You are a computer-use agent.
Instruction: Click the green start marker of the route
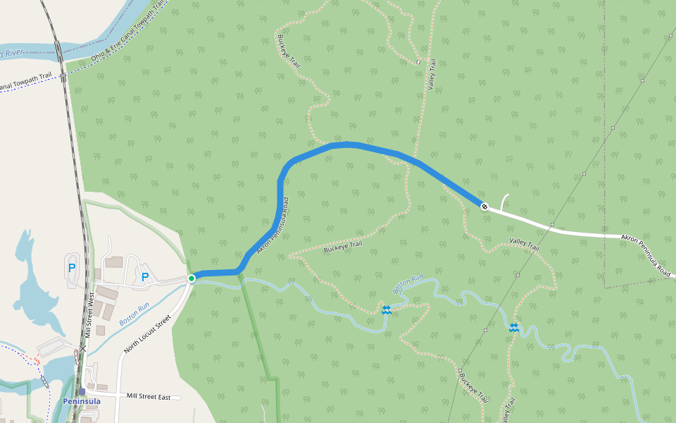click(x=192, y=278)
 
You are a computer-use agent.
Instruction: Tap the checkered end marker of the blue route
click(x=484, y=207)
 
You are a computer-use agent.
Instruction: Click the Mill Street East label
click(x=149, y=397)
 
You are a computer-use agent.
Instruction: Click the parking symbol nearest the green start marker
click(x=145, y=277)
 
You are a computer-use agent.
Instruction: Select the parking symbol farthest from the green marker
click(x=72, y=267)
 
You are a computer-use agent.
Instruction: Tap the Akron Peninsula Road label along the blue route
click(x=274, y=229)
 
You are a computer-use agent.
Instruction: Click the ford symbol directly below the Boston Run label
click(x=387, y=309)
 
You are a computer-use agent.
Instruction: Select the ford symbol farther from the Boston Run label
click(x=514, y=327)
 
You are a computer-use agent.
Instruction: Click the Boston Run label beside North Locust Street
click(x=134, y=313)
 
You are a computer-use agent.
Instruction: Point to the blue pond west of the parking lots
click(x=32, y=282)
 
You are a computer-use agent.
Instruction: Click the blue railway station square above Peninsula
click(x=82, y=392)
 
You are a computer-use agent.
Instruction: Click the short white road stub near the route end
click(x=503, y=201)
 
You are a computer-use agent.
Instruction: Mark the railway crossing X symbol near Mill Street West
click(x=83, y=348)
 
